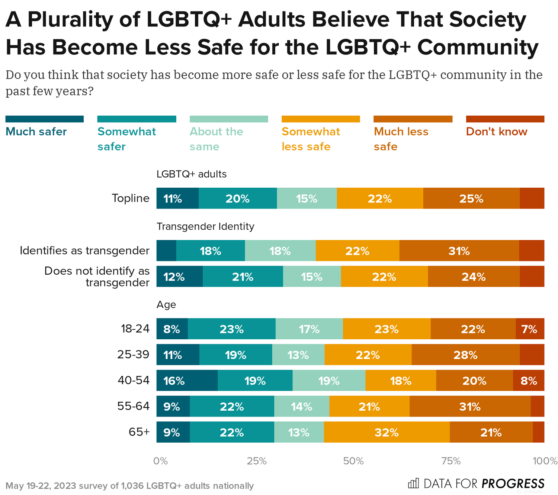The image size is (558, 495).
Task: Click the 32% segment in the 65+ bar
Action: point(387,432)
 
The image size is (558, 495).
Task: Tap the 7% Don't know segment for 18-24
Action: point(530,329)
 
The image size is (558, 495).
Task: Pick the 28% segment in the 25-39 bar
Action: point(465,355)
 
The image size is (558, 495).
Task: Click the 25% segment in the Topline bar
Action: point(471,198)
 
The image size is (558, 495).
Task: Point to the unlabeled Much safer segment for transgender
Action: point(166,250)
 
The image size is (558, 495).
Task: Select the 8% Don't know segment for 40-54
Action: point(529,381)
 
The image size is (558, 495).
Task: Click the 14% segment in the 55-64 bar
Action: point(301,407)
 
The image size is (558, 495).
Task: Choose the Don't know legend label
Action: point(497,132)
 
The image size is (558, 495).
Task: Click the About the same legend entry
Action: point(216,139)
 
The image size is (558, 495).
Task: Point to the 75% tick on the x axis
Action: point(451,461)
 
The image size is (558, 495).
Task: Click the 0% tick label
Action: point(160,461)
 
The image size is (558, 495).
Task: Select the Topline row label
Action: point(131,198)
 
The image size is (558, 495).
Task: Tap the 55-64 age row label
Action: point(133,406)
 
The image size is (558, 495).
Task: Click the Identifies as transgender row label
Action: point(84,250)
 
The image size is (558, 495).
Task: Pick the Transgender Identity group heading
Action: point(205,226)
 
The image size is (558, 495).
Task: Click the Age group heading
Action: point(166,305)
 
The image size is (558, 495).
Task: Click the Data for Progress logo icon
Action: point(413,483)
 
